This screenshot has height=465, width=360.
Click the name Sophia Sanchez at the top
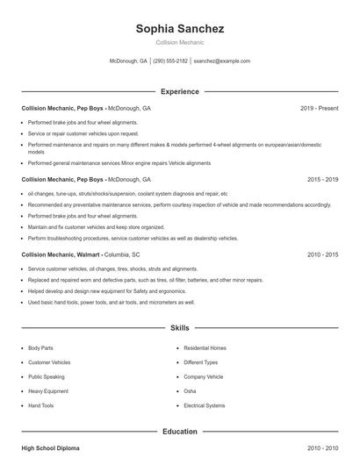[180, 29]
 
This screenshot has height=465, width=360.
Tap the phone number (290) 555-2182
[170, 61]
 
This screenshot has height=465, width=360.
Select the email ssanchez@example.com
[221, 61]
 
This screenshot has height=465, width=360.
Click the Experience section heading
[180, 91]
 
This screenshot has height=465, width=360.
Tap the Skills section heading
[180, 328]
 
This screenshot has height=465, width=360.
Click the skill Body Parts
[40, 347]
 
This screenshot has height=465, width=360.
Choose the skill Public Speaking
[46, 376]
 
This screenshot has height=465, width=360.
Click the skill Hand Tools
[40, 405]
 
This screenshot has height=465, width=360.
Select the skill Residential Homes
[205, 347]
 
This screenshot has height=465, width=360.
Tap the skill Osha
[190, 391]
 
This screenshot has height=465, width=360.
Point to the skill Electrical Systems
[204, 405]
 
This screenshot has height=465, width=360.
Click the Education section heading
[180, 432]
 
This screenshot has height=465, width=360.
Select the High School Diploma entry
[50, 448]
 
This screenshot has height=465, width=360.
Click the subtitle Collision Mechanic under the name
[180, 42]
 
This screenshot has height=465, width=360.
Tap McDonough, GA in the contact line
[128, 61]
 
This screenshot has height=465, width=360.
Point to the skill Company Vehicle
[203, 376]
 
